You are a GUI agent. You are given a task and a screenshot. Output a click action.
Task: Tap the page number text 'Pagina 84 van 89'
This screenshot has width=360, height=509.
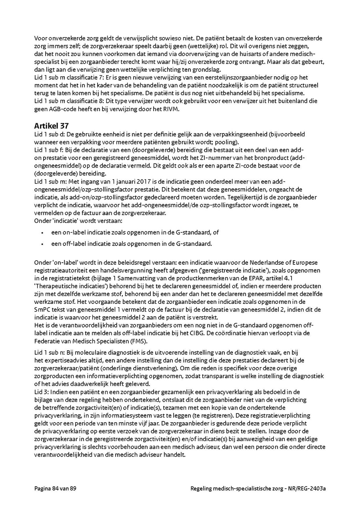point(55,489)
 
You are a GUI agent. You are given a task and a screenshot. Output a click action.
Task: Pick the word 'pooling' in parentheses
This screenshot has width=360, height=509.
point(232,142)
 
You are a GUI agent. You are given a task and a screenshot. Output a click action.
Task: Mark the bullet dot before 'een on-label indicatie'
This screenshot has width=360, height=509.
point(42,232)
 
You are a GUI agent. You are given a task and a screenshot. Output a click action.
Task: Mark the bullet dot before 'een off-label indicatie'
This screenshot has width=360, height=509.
point(42,244)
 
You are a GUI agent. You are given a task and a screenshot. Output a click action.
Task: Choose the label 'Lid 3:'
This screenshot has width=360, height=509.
point(42,392)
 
